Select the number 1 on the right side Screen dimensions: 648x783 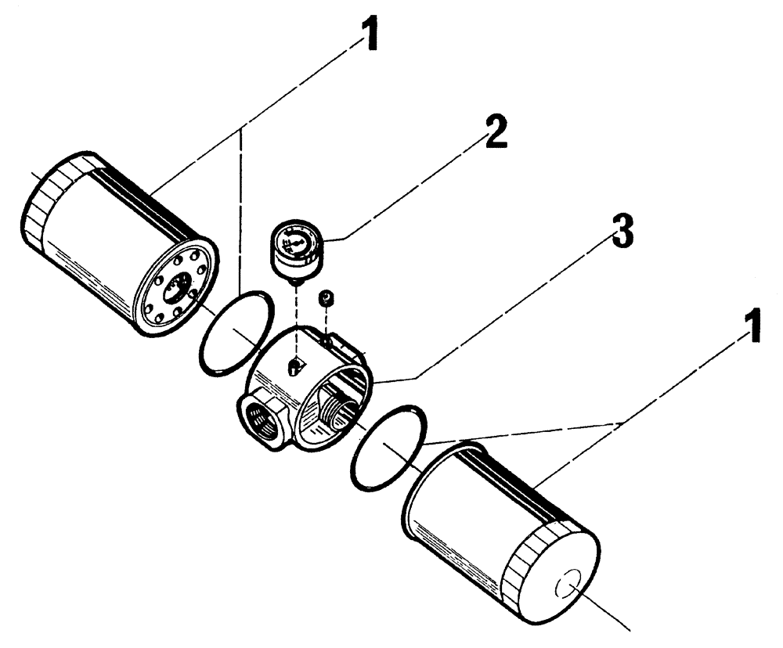[751, 329]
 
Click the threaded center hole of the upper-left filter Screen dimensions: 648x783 [179, 286]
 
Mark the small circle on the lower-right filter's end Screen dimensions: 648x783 [567, 588]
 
